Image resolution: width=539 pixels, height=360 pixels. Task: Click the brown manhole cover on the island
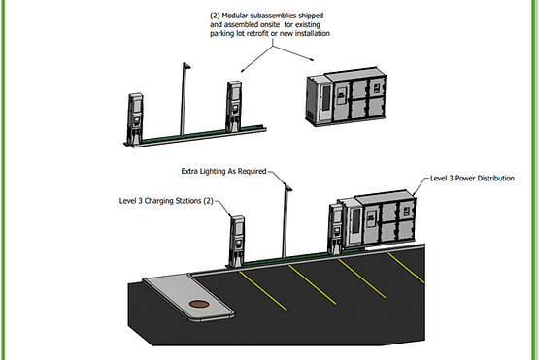tap(199, 304)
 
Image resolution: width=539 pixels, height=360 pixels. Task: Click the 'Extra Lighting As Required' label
tap(223, 171)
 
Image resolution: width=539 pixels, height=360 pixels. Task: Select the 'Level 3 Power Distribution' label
tap(472, 178)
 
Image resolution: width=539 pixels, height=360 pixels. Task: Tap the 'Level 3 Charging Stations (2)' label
tap(166, 201)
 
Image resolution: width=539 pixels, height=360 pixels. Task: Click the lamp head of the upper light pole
tap(186, 65)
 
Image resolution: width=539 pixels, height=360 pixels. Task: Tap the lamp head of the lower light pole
tap(288, 186)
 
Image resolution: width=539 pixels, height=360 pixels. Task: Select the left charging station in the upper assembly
tap(135, 118)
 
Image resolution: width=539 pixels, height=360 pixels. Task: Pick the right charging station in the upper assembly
tap(234, 106)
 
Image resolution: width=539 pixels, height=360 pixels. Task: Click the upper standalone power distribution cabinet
tap(346, 96)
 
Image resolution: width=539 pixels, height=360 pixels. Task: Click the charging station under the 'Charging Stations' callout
tap(237, 242)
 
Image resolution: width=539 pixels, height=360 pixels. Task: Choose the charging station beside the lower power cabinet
tap(335, 229)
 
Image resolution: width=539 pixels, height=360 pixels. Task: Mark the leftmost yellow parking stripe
tap(263, 291)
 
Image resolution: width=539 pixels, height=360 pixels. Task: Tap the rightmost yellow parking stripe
tap(406, 268)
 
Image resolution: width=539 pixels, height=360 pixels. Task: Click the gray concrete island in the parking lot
tap(188, 297)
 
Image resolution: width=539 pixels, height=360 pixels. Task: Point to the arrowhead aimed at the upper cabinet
tap(311, 59)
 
